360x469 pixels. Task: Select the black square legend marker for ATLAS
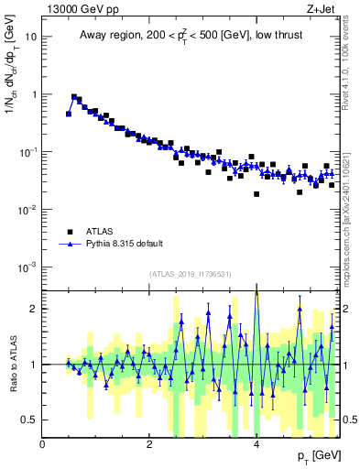tap(69, 232)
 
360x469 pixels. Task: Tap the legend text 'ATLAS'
tap(101, 232)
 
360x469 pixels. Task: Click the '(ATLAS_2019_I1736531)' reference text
tap(190, 275)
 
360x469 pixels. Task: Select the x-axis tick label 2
tap(149, 444)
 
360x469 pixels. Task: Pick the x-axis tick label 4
tap(256, 444)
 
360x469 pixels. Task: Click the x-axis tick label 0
tap(43, 444)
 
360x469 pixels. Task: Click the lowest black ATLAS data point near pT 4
tap(256, 194)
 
